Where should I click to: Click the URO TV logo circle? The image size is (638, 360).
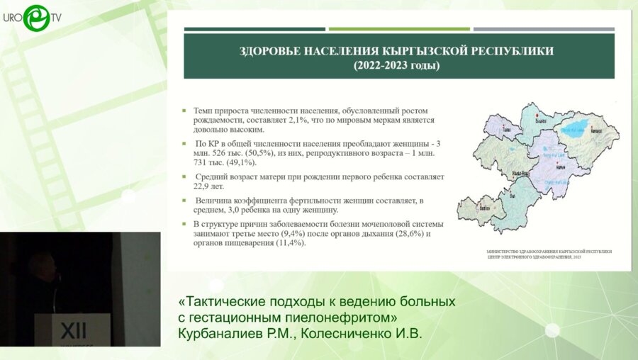[x=35, y=18]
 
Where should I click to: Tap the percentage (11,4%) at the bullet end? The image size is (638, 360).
[x=288, y=242]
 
